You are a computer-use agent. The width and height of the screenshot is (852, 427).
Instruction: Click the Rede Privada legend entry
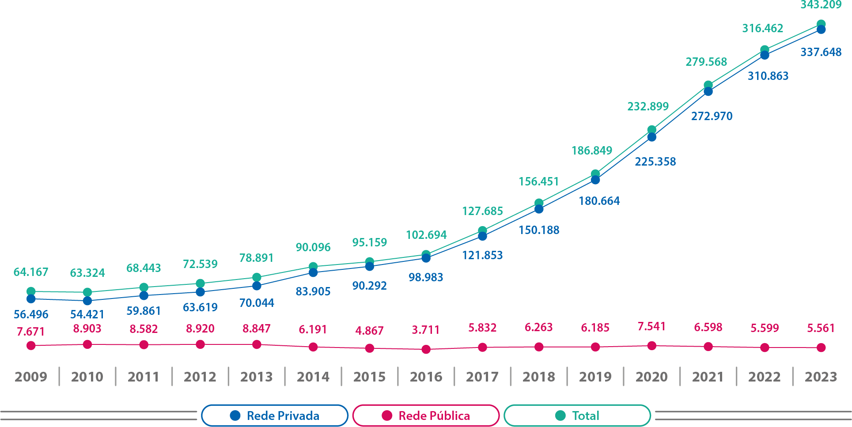point(275,416)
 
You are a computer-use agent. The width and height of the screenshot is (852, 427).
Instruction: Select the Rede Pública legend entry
point(426,416)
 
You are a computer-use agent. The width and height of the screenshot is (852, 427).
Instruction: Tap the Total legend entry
point(577,416)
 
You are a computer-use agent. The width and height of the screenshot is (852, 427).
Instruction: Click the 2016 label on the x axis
point(426,377)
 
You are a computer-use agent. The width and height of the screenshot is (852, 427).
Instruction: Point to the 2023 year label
point(821,377)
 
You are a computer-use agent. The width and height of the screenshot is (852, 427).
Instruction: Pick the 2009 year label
point(31,377)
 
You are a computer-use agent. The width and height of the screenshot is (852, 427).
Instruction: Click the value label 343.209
point(821,5)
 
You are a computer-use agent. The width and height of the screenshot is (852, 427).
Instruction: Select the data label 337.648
point(821,52)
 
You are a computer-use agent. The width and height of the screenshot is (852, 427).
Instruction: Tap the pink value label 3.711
point(426,330)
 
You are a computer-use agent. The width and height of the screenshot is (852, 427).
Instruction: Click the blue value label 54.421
point(87,314)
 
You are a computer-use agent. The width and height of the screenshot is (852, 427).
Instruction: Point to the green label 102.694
point(426,235)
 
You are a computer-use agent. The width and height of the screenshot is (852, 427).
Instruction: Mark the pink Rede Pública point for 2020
point(651,346)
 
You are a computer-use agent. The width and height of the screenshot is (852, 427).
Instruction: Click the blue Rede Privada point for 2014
point(313,272)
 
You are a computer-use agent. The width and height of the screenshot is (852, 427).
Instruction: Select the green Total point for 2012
point(200,283)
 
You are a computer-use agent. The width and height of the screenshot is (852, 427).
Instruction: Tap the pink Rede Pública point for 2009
point(31,346)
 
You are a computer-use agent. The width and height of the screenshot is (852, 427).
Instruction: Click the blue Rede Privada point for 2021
point(708,91)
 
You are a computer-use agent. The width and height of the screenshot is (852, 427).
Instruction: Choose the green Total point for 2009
point(31,291)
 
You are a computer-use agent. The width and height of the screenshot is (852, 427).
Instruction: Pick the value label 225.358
point(655,162)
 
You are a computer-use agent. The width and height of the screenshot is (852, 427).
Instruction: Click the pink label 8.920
point(200,329)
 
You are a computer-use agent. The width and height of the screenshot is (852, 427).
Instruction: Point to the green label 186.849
point(592,151)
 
